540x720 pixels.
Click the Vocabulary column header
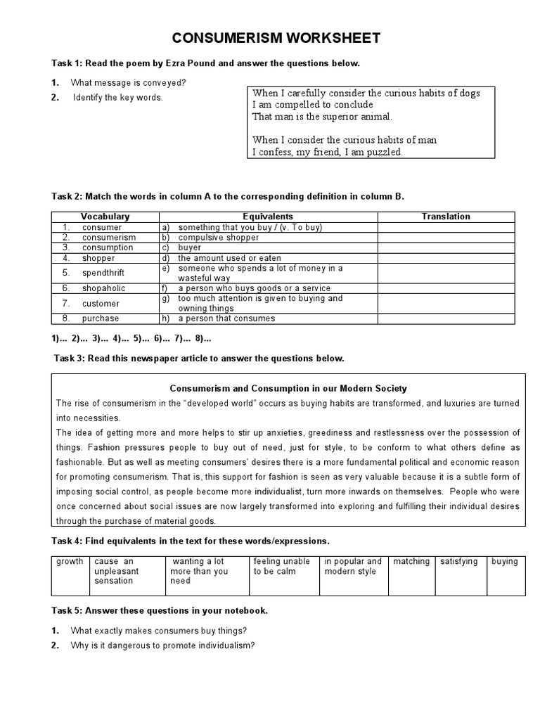(105, 217)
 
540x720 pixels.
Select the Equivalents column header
(267, 217)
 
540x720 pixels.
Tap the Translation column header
(445, 217)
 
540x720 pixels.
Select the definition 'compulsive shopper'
(219, 238)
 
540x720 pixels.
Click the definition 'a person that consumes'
(226, 319)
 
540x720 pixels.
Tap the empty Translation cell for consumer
(445, 227)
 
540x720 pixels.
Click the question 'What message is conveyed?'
(128, 83)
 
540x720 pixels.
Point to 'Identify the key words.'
(117, 98)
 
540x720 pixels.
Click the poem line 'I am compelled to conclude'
(312, 105)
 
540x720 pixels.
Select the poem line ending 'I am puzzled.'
(327, 152)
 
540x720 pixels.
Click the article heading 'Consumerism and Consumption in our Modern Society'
(288, 388)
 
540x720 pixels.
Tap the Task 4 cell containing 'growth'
(70, 562)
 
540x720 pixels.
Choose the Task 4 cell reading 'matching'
(411, 562)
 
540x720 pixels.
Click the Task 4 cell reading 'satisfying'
(458, 562)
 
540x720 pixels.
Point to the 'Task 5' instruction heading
(160, 610)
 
